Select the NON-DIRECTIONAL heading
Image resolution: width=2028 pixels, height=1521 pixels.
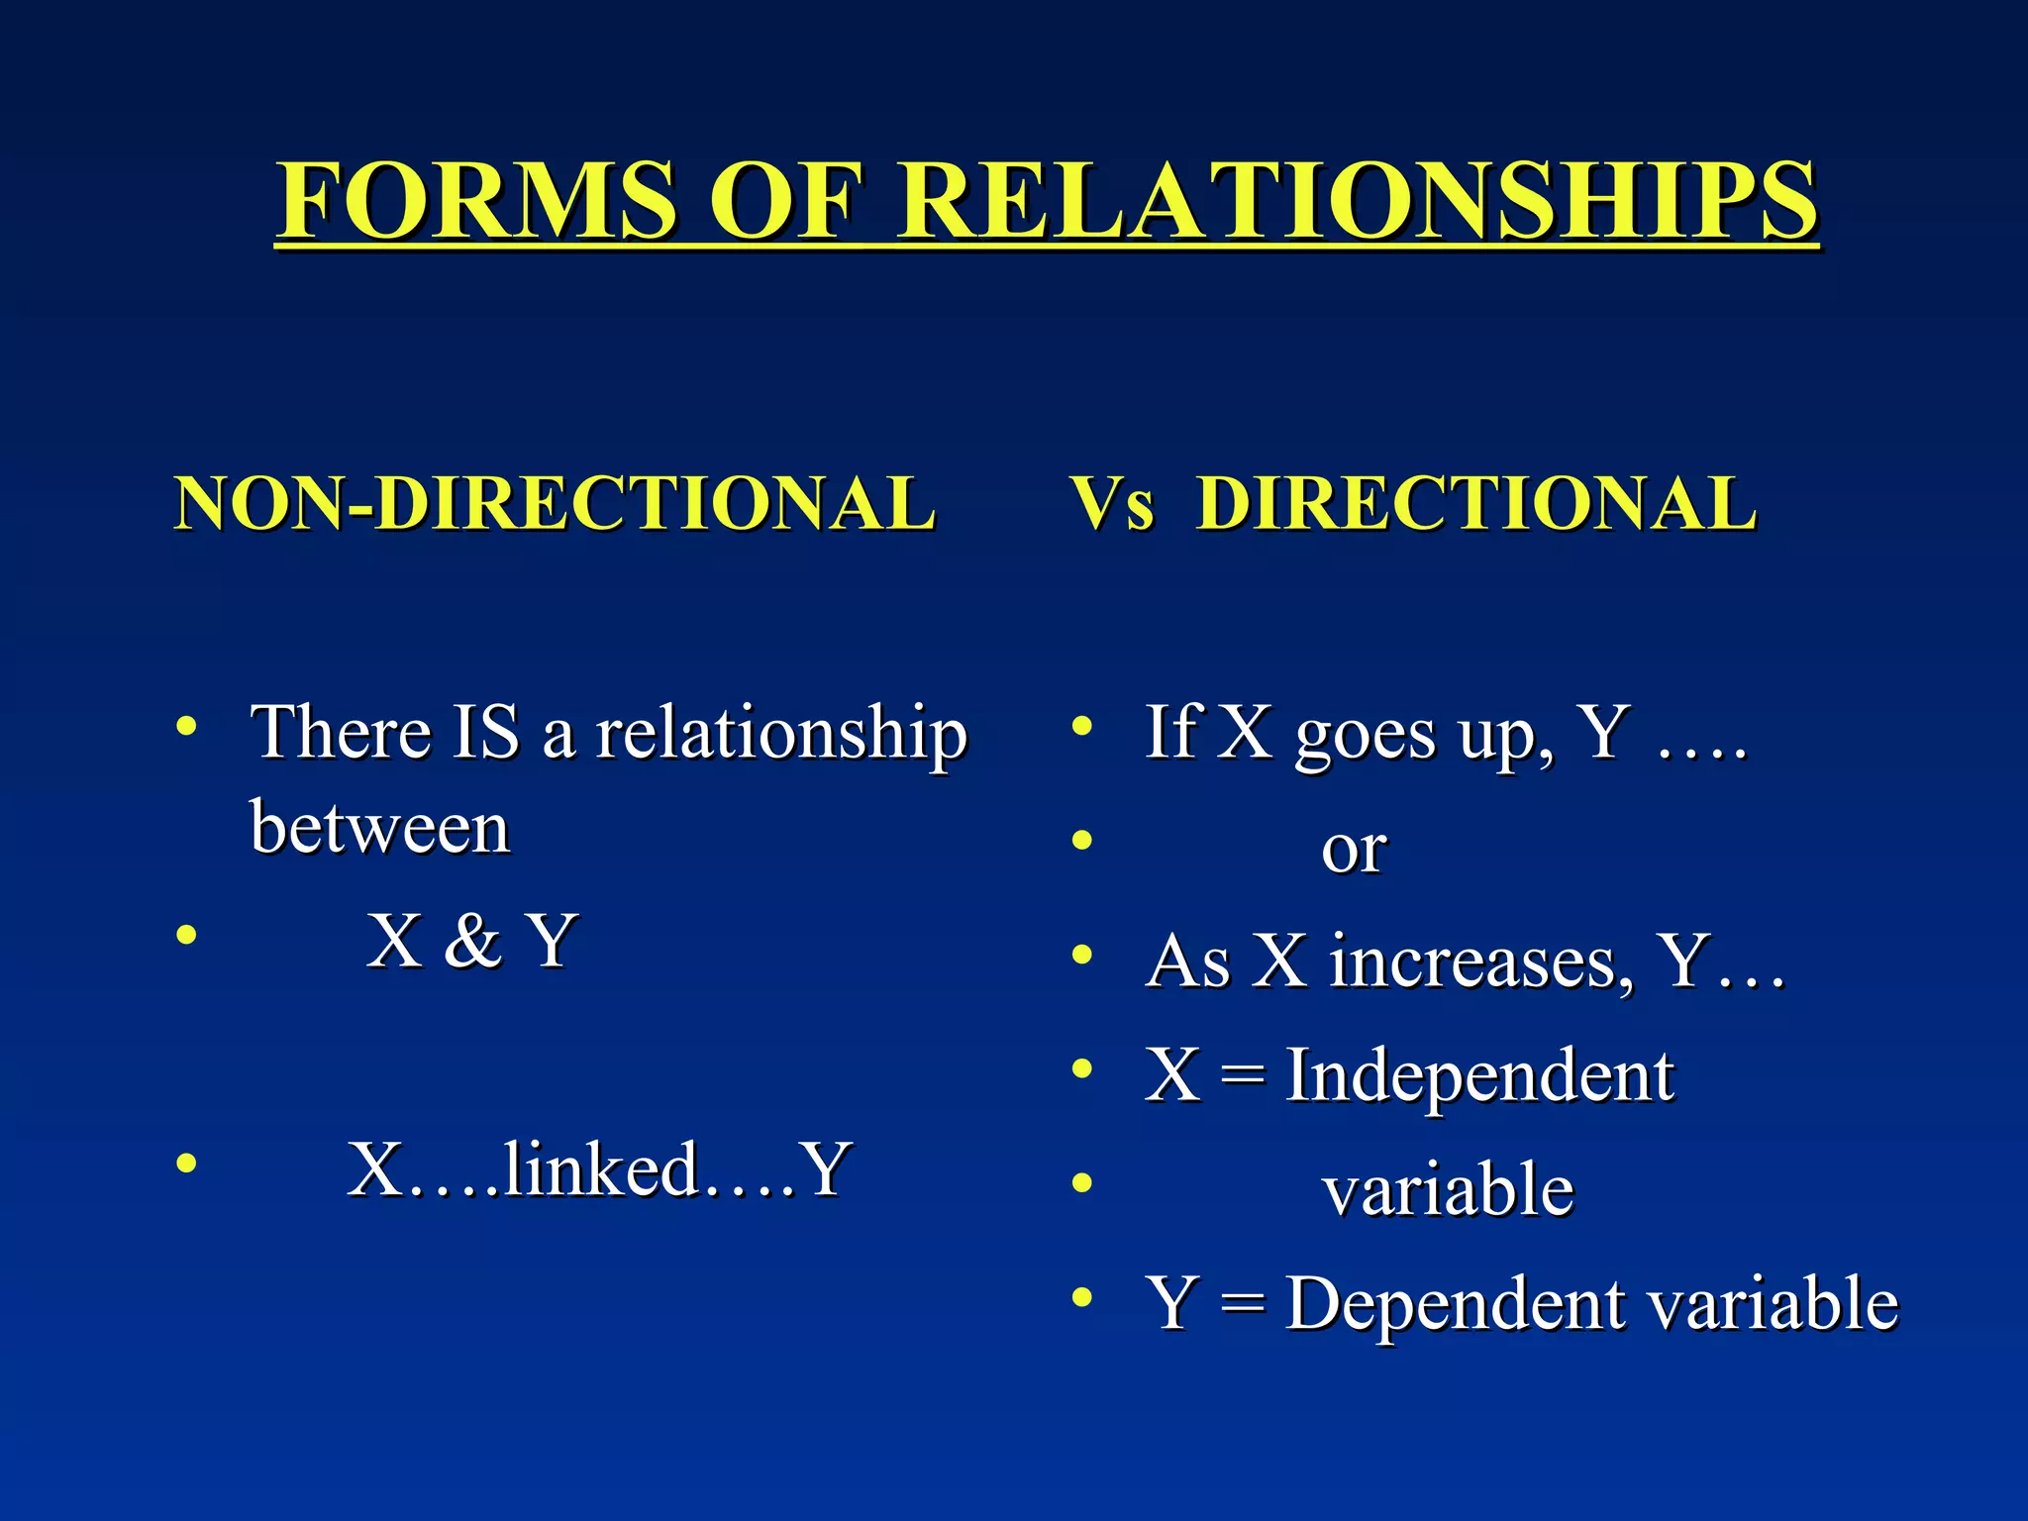click(x=555, y=503)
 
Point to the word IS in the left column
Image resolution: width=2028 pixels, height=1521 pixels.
click(x=485, y=733)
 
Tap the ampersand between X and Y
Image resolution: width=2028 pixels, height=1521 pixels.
click(x=472, y=941)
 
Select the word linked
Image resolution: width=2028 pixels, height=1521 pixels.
click(x=600, y=1169)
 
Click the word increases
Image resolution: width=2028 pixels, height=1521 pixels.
click(x=1480, y=962)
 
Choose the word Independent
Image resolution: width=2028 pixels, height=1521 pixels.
click(x=1479, y=1075)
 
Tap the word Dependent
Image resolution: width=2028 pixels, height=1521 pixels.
click(x=1456, y=1303)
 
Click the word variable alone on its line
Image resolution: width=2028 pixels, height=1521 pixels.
click(x=1448, y=1189)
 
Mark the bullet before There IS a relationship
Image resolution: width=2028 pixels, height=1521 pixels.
click(x=186, y=727)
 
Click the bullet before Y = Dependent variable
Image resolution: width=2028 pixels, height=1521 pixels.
click(x=1082, y=1296)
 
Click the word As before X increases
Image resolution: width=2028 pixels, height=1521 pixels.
click(x=1187, y=962)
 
